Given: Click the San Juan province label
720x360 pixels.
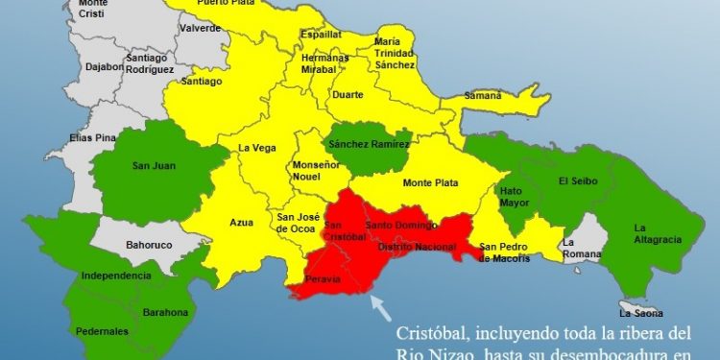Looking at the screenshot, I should pos(156,164).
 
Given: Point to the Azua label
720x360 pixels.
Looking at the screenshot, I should pos(241,223).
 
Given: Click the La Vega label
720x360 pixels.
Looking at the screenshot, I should pos(256,148).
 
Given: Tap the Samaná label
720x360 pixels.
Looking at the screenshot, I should pos(482,96).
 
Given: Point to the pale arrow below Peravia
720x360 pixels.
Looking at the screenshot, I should pos(380,307).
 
